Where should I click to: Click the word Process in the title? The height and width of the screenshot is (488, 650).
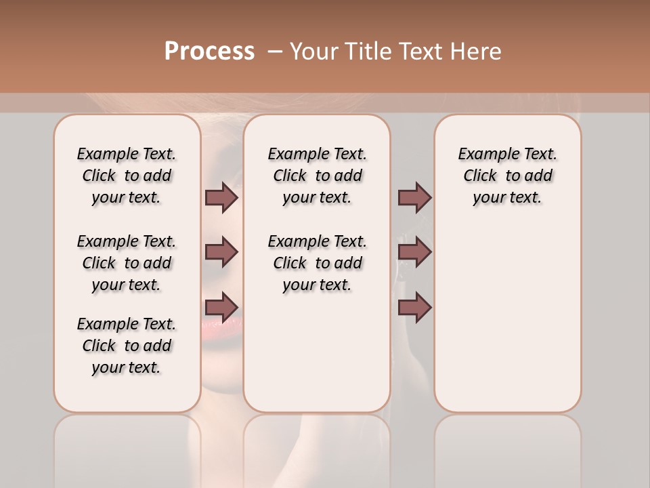[209, 52]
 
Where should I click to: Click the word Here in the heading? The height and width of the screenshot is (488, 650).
[476, 52]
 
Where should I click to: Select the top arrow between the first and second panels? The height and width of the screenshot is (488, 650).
[221, 198]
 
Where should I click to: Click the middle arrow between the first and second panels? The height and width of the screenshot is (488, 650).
[221, 252]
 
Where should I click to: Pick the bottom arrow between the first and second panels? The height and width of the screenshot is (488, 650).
[221, 307]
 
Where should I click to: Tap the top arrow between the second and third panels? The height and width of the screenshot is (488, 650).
[414, 198]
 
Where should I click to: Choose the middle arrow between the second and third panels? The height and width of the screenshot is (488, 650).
[414, 252]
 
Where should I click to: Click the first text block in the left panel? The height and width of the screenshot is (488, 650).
[127, 176]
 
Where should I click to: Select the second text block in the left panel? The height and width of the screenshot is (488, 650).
[127, 263]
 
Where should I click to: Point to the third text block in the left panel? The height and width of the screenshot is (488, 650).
[127, 346]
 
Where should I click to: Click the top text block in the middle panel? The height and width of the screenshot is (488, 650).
[318, 176]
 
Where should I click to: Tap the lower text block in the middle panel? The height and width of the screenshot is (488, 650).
[318, 263]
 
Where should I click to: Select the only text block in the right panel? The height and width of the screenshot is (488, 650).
[508, 176]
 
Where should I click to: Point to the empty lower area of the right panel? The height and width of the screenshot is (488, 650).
[508, 319]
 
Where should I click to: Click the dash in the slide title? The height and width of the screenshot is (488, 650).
[275, 52]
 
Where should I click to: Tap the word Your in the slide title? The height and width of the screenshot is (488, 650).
[314, 52]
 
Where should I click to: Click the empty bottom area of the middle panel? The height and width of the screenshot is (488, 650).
[317, 359]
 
